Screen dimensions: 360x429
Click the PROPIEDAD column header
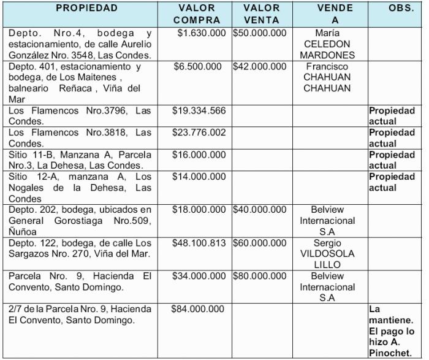pos(86,8)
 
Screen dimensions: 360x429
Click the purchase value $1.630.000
pos(201,33)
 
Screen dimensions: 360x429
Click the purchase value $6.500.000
pos(199,66)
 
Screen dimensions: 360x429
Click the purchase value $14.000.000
pos(199,177)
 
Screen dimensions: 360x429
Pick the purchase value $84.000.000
pos(199,309)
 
